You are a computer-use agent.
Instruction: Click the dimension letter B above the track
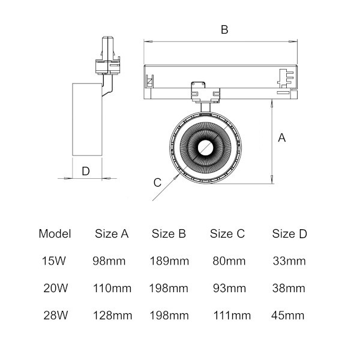(224, 29)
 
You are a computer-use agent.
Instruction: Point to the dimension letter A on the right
(282, 138)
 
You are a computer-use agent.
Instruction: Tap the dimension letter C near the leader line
(157, 182)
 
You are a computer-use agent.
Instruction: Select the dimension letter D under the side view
(86, 171)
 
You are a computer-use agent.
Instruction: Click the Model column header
(55, 234)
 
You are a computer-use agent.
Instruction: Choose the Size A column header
(112, 234)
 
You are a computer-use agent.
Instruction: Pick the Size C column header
(227, 234)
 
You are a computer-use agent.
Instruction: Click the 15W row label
(54, 261)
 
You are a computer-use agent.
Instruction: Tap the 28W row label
(56, 315)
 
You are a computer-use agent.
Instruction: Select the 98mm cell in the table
(109, 261)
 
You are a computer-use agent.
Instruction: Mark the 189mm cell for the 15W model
(169, 261)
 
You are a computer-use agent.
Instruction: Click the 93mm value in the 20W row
(229, 288)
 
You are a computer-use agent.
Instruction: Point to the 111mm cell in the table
(232, 316)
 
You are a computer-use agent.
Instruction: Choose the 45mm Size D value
(287, 316)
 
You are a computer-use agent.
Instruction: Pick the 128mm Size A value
(113, 316)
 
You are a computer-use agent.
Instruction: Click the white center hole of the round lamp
(205, 148)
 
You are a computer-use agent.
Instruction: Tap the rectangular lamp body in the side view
(87, 119)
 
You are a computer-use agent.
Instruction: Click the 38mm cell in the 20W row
(289, 288)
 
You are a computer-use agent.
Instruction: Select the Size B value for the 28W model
(169, 316)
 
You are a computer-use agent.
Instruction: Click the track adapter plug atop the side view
(107, 55)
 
